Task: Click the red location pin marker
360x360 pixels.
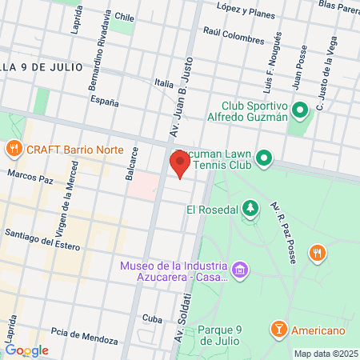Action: click(x=179, y=164)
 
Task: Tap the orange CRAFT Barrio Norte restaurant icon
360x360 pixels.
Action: click(x=14, y=149)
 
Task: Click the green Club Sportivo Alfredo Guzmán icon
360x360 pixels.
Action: click(x=299, y=110)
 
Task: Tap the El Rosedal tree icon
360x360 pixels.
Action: click(x=251, y=210)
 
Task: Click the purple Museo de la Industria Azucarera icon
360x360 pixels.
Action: click(x=238, y=272)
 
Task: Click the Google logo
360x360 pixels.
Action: click(x=26, y=350)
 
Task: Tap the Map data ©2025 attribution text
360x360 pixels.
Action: click(x=325, y=353)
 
